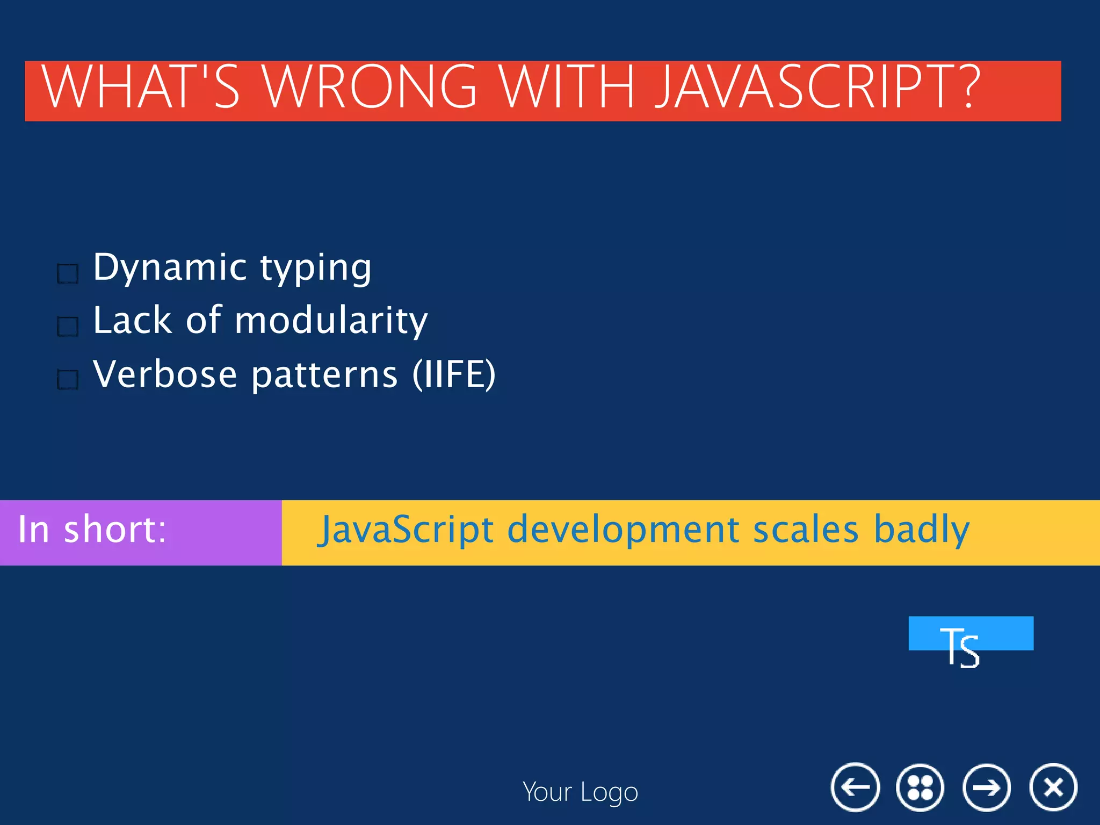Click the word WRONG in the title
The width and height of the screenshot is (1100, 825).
371,87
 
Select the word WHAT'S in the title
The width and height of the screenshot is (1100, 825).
141,87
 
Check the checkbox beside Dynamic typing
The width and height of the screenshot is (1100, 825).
68,273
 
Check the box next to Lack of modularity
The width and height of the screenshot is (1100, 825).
68,326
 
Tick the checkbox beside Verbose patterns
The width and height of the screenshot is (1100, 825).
68,379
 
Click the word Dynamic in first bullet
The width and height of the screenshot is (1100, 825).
170,267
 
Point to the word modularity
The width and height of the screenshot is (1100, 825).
331,321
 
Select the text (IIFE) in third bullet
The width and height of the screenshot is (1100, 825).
454,374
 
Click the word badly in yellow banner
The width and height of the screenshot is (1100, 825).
922,530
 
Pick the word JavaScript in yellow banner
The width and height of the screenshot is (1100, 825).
406,530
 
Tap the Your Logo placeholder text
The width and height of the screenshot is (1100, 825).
580,792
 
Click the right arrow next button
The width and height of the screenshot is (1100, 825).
986,787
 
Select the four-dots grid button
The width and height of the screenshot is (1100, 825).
920,787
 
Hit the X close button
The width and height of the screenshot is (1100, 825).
1053,787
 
